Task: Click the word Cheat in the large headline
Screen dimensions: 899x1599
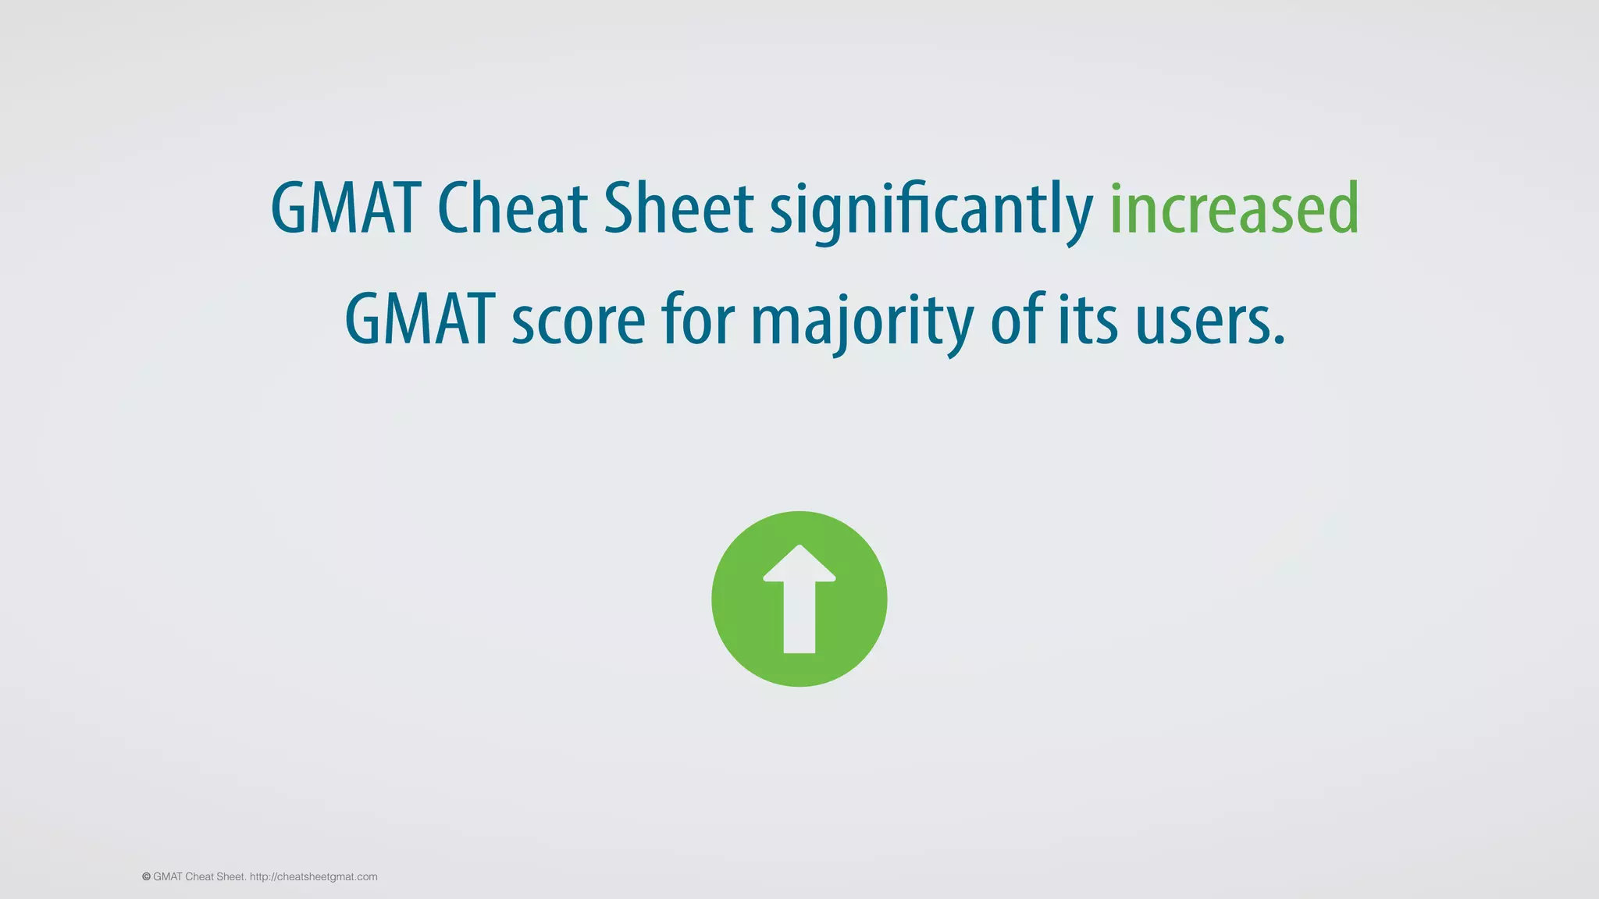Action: (511, 208)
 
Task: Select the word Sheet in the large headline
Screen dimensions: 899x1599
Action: (678, 208)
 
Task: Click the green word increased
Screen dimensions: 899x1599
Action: (1234, 208)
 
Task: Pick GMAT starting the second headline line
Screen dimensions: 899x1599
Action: (420, 320)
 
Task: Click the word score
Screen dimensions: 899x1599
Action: (579, 322)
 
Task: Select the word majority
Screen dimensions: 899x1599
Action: (862, 322)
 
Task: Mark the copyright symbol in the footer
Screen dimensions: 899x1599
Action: (146, 877)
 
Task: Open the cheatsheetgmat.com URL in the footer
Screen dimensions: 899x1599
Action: (313, 877)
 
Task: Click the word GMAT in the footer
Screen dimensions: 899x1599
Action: (168, 877)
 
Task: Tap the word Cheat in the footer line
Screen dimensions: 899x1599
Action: (199, 877)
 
